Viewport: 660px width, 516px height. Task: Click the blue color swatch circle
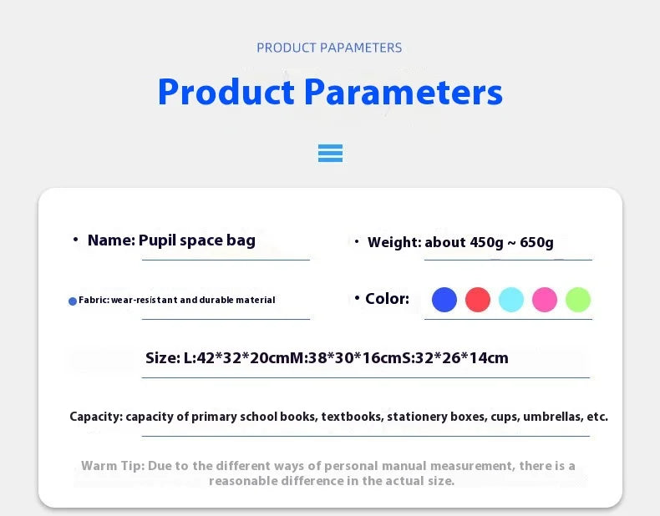444,300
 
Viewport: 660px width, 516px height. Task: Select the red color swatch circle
478,300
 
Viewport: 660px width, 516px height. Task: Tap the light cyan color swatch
511,300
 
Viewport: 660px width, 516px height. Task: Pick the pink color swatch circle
545,300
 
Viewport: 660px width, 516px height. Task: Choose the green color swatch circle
578,300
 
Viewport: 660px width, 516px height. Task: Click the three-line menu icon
331,153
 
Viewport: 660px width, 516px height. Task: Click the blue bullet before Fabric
73,301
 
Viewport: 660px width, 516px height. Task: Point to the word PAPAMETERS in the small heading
361,48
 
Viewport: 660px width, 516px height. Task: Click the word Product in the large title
226,92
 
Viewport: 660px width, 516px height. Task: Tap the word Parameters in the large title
404,92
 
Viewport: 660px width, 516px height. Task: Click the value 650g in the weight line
536,243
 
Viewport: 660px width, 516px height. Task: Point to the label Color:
388,299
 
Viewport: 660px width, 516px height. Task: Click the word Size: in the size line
163,358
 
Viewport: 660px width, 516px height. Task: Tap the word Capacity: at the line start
96,417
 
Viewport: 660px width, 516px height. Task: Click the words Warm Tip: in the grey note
113,466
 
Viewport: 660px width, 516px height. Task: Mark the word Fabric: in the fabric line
94,300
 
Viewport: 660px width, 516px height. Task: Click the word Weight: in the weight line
394,243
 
